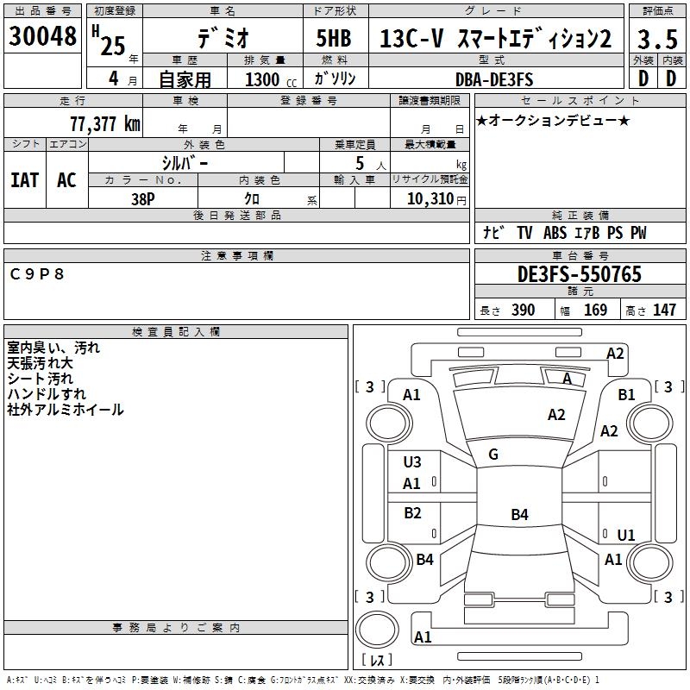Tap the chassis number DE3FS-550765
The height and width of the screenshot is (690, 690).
click(x=579, y=274)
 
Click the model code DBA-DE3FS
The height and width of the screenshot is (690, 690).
click(x=494, y=79)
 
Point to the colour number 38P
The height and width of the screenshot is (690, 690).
click(x=142, y=198)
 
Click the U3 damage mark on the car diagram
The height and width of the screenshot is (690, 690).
click(x=412, y=462)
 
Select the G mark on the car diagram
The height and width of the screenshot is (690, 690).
click(x=493, y=455)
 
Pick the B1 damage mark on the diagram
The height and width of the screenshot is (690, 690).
click(x=627, y=394)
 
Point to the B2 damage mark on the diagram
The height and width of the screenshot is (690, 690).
click(x=412, y=513)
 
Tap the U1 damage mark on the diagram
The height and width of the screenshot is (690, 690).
click(x=626, y=535)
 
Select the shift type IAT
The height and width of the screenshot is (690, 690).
click(x=24, y=180)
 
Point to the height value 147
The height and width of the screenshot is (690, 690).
click(x=664, y=310)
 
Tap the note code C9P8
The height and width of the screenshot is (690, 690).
click(x=37, y=273)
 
